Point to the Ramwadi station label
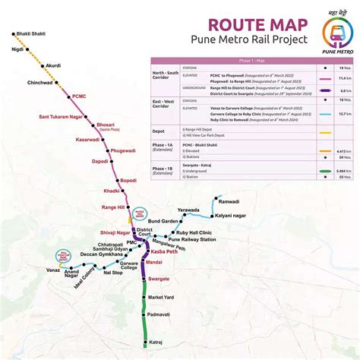(x=229, y=202)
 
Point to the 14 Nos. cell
(x=345, y=68)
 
